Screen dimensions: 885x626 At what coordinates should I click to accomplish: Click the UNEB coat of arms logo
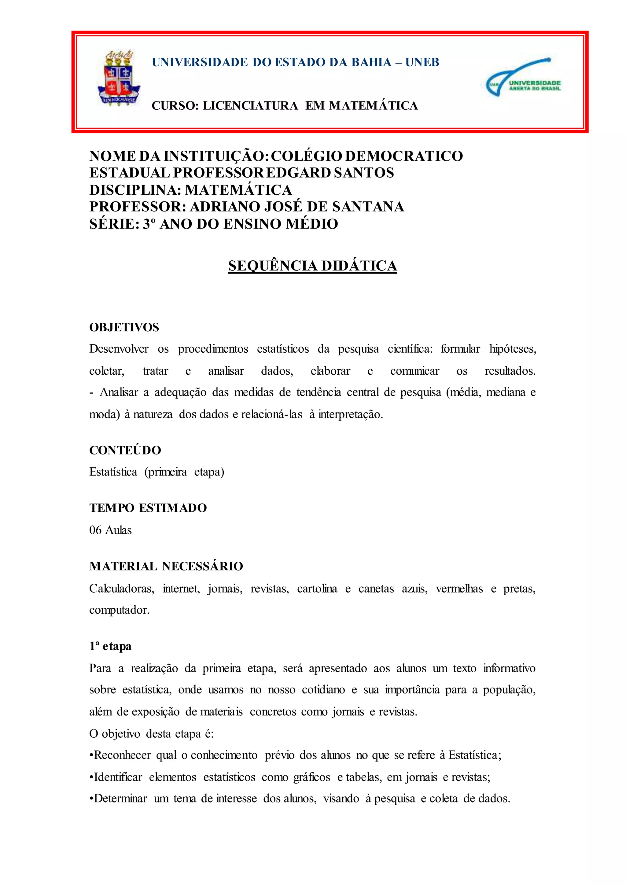[119, 78]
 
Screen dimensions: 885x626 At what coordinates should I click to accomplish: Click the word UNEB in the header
[422, 62]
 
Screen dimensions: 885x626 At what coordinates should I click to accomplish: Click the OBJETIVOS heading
[124, 327]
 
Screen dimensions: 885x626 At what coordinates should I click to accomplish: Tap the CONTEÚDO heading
[125, 450]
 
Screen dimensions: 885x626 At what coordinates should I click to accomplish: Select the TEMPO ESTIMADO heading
[148, 508]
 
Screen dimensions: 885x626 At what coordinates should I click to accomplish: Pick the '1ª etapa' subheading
[110, 646]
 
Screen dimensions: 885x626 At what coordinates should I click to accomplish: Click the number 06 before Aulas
[95, 531]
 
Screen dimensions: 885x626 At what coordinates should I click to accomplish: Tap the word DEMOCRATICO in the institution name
[404, 156]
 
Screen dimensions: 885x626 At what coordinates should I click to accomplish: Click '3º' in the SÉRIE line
[149, 224]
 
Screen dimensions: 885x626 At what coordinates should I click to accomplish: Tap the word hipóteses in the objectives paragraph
[513, 349]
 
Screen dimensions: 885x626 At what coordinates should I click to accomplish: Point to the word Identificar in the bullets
[118, 777]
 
